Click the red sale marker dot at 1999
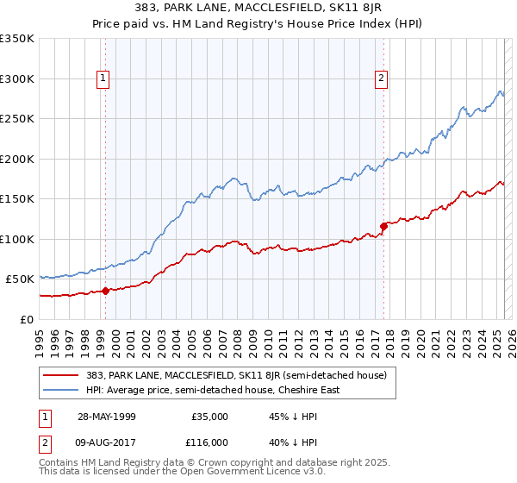click(105, 291)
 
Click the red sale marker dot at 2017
click(383, 227)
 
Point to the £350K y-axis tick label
click(17, 39)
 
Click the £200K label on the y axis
click(17, 159)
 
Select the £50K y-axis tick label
click(20, 279)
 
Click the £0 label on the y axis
click(27, 319)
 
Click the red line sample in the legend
click(60, 376)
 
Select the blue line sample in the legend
click(60, 390)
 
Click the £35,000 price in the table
click(210, 417)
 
